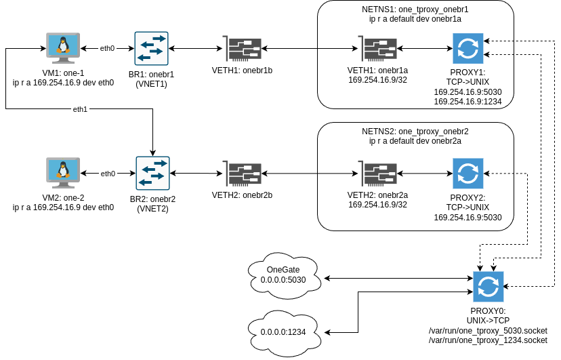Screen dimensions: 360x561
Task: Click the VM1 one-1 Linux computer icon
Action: [63, 48]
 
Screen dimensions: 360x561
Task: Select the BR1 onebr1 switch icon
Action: [151, 48]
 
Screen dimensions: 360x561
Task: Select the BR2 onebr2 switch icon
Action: [152, 174]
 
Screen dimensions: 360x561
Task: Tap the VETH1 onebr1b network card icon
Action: [242, 49]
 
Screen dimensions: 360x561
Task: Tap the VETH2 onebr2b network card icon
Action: [242, 174]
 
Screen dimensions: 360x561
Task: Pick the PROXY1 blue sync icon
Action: [467, 48]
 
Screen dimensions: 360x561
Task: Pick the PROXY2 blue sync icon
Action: [467, 174]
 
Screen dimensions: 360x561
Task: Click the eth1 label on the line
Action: [81, 108]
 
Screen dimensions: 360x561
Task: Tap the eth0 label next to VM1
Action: [108, 49]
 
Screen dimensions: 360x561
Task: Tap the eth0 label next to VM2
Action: [108, 174]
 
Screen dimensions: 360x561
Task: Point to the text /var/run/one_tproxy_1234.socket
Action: [488, 340]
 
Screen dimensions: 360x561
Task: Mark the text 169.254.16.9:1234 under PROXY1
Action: [467, 102]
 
